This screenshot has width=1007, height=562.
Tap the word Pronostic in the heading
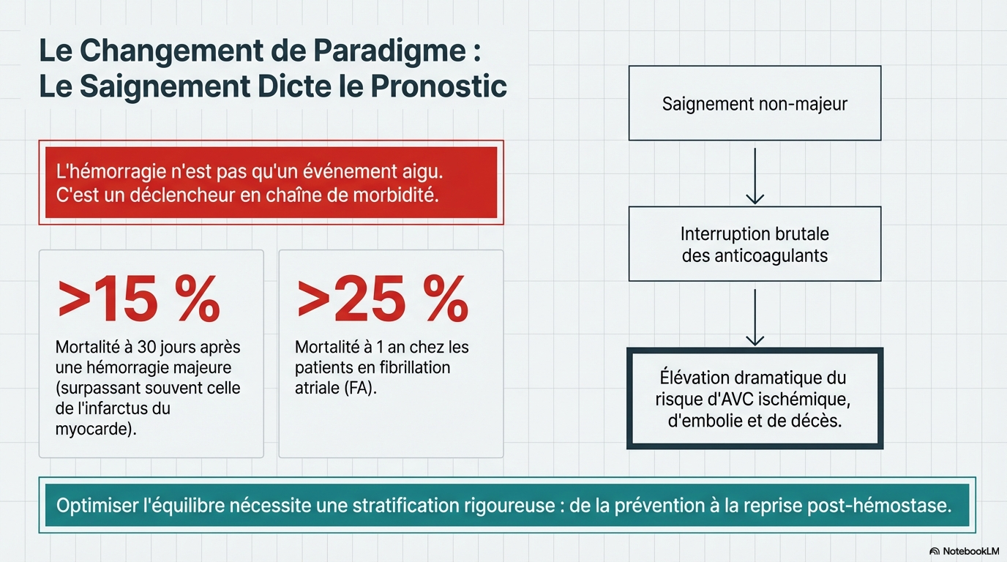438,86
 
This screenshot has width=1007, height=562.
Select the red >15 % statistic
138,301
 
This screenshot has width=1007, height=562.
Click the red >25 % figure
382,301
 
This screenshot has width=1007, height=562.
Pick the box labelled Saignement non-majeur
755,103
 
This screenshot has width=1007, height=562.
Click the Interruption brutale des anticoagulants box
755,244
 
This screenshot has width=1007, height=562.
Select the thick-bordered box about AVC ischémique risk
755,399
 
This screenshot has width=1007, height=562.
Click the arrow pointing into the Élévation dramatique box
755,315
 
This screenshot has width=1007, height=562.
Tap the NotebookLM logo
965,550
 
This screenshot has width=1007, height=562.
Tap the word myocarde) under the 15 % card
96,429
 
